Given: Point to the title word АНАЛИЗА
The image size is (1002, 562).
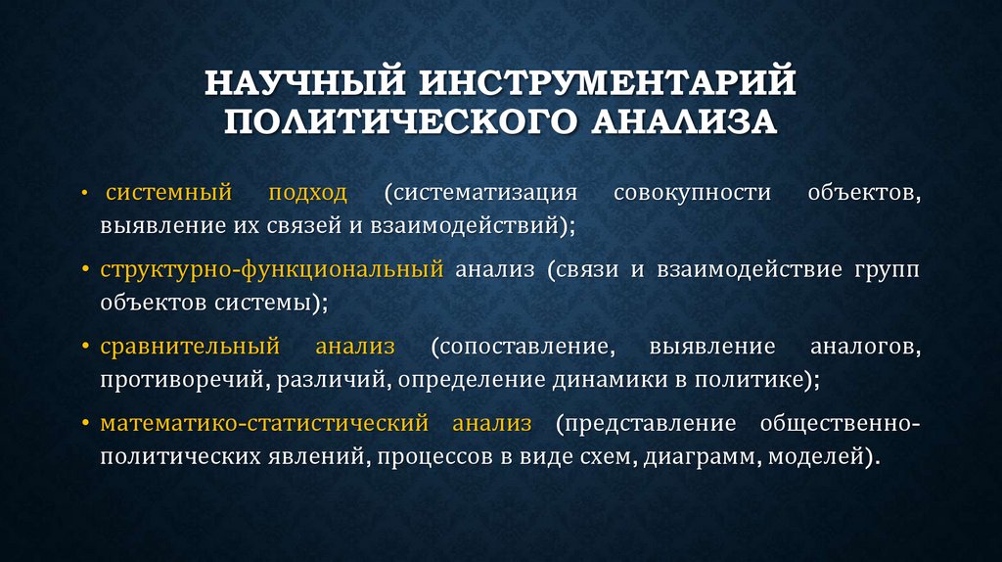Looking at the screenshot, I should tap(683, 122).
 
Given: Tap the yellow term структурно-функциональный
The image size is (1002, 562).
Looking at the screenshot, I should tap(271, 268).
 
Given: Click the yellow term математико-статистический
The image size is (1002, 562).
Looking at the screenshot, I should tap(264, 423).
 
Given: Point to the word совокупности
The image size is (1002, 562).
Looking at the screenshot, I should tap(691, 191).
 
